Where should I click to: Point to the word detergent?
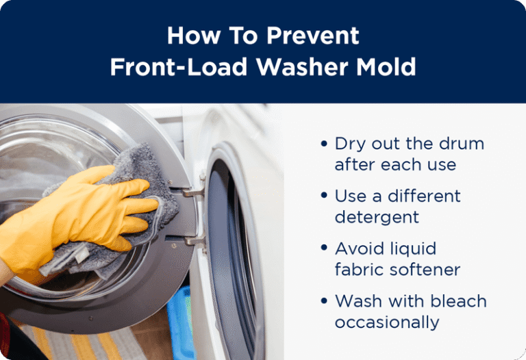click(377, 218)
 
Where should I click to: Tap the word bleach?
click(458, 300)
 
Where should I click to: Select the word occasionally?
click(387, 322)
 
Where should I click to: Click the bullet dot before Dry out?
click(324, 144)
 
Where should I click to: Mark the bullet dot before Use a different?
click(324, 196)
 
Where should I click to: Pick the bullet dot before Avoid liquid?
click(324, 248)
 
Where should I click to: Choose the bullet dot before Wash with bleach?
click(324, 300)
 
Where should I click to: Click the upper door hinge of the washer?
click(193, 191)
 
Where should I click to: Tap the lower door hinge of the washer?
click(195, 241)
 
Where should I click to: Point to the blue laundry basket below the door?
click(181, 322)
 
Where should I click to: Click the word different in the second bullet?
click(425, 196)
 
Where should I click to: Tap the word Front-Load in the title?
click(179, 66)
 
